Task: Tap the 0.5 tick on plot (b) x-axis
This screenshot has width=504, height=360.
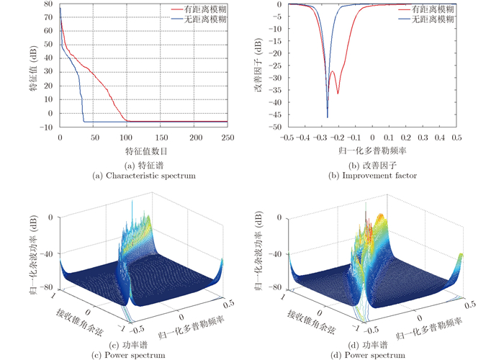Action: pos(456,137)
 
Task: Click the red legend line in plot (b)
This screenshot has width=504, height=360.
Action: pos(406,10)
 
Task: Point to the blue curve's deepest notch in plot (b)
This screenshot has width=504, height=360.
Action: pos(328,117)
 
